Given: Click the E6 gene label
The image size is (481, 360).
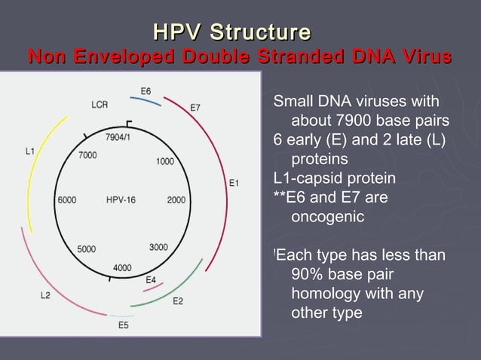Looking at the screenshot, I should click(146, 91).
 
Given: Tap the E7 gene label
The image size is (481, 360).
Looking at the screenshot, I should click(195, 107).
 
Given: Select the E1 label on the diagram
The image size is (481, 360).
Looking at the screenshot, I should click(234, 182).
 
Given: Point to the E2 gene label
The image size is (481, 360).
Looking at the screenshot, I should click(178, 301).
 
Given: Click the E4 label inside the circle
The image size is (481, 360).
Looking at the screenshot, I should click(151, 279).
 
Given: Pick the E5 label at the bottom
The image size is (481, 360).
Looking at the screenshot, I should click(123, 325).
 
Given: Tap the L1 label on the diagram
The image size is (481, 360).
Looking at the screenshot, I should click(29, 151).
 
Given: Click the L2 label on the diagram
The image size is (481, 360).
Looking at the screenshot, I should click(45, 295).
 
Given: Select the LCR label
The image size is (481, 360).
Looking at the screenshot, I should click(100, 105).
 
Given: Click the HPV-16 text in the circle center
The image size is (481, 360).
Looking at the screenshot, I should click(121, 200).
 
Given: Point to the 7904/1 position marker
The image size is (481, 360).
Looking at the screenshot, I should click(118, 137).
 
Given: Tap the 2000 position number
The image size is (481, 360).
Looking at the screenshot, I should click(176, 200).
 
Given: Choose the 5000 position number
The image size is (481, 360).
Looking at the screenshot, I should click(86, 249).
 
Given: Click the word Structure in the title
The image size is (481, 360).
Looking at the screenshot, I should click(259, 32).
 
